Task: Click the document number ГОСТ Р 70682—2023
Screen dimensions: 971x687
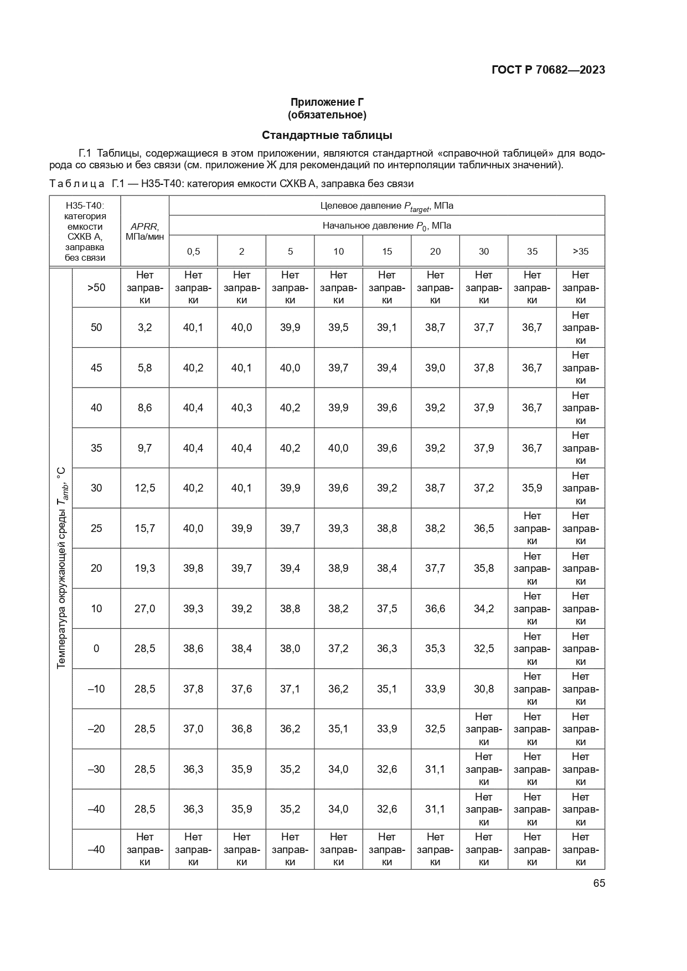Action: [x=547, y=70]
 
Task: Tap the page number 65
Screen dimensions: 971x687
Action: [x=599, y=883]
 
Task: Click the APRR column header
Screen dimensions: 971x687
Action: [x=144, y=231]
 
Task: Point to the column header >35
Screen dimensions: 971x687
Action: [x=580, y=251]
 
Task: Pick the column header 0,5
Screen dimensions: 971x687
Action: [x=193, y=251]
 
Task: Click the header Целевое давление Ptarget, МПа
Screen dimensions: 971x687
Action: [x=386, y=206]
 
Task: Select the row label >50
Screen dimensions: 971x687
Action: [x=96, y=287]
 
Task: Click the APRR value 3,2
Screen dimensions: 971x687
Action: [x=144, y=328]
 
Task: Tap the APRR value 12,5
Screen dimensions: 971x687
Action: [x=144, y=488]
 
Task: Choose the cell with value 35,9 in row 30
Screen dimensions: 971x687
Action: [x=531, y=488]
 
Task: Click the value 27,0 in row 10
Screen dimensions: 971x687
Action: [x=144, y=608]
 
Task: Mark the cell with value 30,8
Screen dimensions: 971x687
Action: [x=483, y=689]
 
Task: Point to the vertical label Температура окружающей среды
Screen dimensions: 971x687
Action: [x=61, y=567]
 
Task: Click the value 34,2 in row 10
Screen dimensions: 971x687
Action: [x=483, y=608]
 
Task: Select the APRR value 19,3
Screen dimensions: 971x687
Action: [x=144, y=569]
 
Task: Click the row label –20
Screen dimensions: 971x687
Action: [x=96, y=729]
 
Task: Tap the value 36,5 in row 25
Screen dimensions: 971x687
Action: [x=483, y=528]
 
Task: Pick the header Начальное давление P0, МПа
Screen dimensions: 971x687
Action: [x=386, y=226]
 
